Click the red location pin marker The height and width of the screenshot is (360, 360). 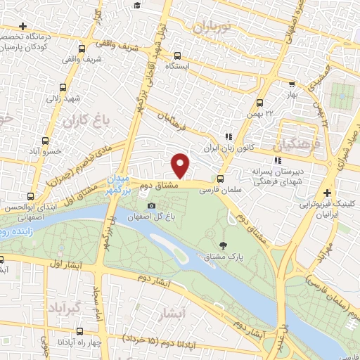click(x=181, y=165)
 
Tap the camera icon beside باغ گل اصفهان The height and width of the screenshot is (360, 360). click(x=152, y=205)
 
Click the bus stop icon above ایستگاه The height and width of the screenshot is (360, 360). click(x=176, y=56)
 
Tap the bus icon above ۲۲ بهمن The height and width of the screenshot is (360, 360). click(x=261, y=103)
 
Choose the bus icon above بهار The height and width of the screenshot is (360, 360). click(x=289, y=83)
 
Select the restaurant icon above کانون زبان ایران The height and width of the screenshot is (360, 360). click(x=227, y=137)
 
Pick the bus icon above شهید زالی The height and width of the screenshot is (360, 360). click(x=63, y=88)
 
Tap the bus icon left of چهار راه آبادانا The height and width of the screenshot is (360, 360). click(x=79, y=330)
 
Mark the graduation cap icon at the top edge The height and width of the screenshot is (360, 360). click(x=137, y=6)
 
